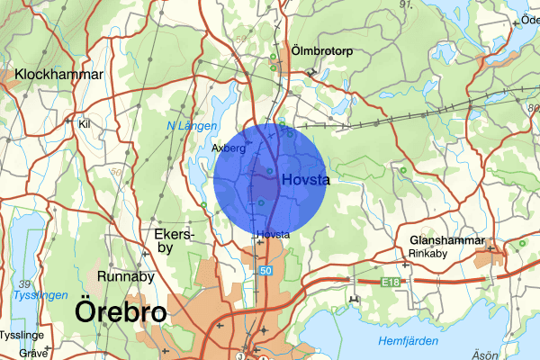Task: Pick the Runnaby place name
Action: coord(126,276)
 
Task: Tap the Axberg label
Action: coord(229,148)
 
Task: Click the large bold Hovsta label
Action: coord(305,180)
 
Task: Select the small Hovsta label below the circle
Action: coord(273,235)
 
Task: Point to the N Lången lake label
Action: coord(193,126)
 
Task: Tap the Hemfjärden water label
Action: coord(409,341)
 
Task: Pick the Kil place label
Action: coord(85,124)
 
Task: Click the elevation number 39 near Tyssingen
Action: coord(25,283)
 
